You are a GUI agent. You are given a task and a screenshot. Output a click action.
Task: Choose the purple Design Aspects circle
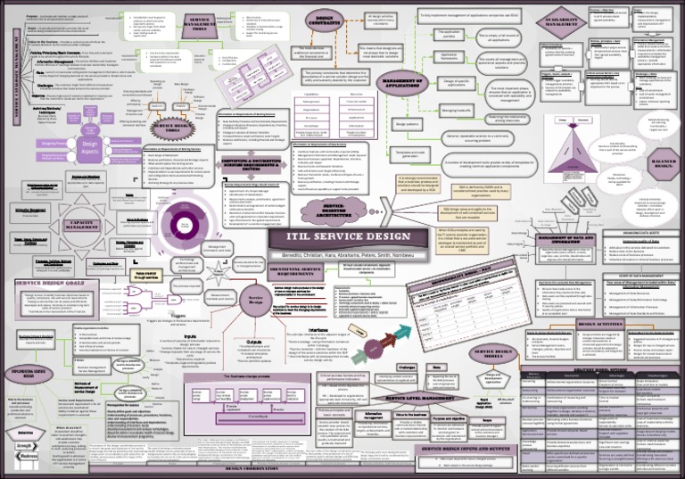87,145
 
